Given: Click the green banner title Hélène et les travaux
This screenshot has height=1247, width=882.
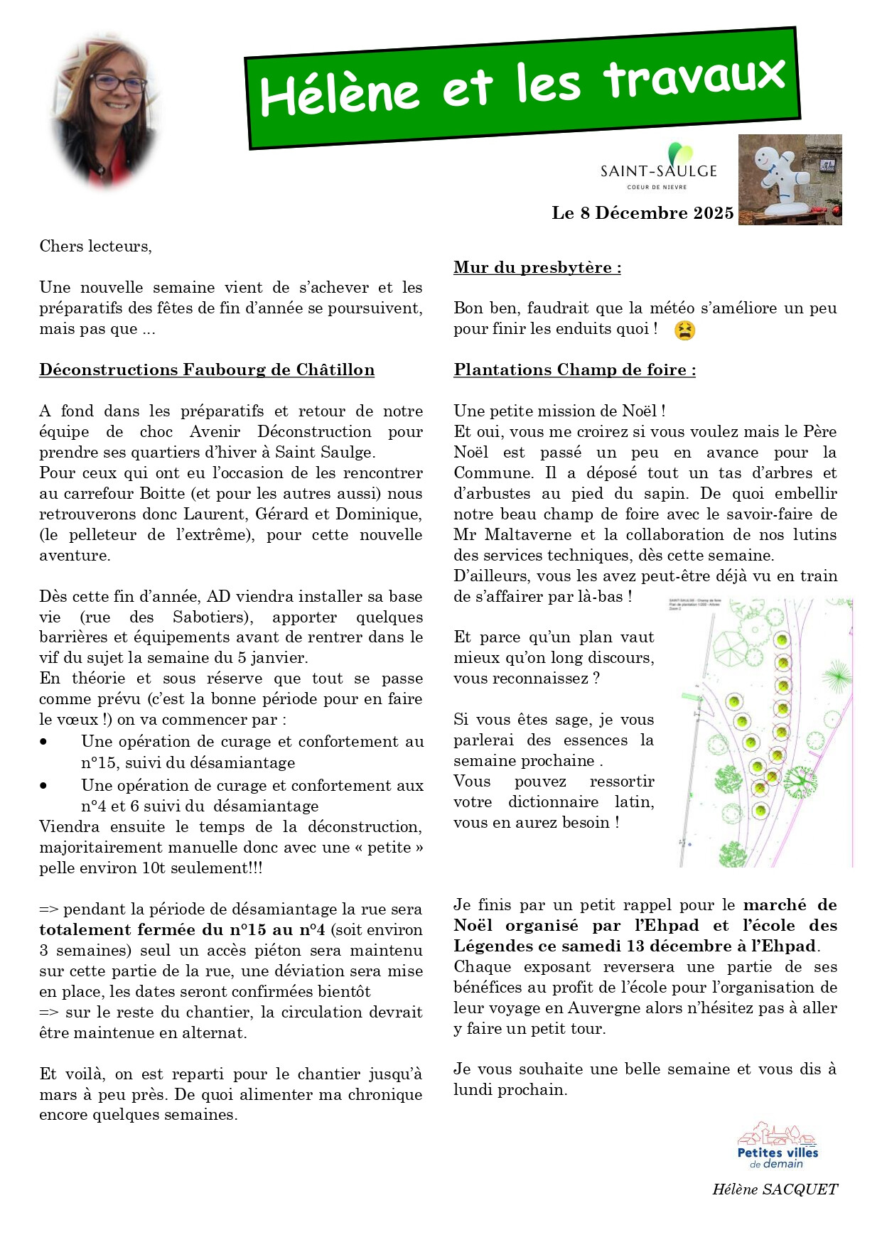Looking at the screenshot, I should pos(522,87).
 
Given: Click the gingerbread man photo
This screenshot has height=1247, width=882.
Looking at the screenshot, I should pos(790,180).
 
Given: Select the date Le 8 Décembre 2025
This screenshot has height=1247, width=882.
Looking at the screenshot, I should pos(642,213).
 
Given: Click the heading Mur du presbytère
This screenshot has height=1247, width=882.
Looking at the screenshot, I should pos(537,268).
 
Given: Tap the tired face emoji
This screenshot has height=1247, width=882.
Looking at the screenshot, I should pos(684,330).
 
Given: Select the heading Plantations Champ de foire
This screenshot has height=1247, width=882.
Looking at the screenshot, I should pos(574,370).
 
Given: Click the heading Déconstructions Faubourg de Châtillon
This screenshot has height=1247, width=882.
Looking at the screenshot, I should pos(207,370).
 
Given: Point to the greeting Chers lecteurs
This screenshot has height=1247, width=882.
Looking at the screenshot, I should pos(95,247).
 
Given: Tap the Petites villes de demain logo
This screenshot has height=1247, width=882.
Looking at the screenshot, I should pos(778,1146).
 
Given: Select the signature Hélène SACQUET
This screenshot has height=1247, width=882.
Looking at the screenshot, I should pos(775,1189).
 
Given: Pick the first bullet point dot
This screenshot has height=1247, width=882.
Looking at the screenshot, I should pos(44,742).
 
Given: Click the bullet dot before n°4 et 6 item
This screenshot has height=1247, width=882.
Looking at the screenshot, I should pos(44,786).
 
